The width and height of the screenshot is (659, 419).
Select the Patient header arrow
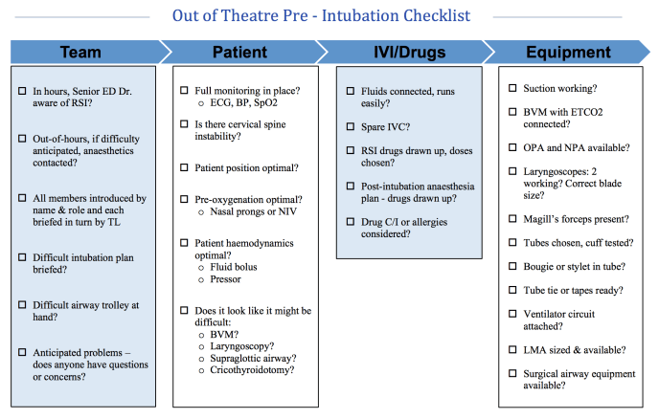pyautogui.click(x=239, y=52)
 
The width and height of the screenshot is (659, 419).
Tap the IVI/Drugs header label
pyautogui.click(x=400, y=52)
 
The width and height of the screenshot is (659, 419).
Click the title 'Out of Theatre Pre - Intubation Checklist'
pyautogui.click(x=321, y=15)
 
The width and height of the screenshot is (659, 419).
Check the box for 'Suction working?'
pyautogui.click(x=514, y=89)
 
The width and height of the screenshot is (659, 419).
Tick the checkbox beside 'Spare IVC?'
pyautogui.click(x=351, y=126)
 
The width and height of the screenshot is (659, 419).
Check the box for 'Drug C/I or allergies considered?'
pyautogui.click(x=351, y=222)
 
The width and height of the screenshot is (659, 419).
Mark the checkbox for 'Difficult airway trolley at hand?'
pyautogui.click(x=24, y=305)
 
